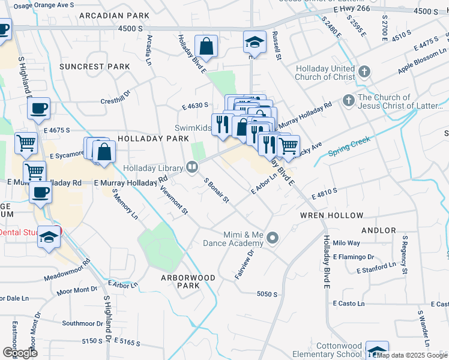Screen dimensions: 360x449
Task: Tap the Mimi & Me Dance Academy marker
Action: (273, 239)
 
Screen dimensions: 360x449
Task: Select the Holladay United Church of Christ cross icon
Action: (364, 73)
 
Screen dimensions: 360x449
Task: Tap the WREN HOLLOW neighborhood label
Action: (332, 215)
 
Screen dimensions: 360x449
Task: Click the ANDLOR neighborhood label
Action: (379, 230)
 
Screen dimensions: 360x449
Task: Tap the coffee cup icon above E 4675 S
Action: (38, 109)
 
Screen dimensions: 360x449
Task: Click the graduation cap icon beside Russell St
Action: (255, 42)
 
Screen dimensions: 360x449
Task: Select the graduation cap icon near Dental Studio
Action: (49, 238)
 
